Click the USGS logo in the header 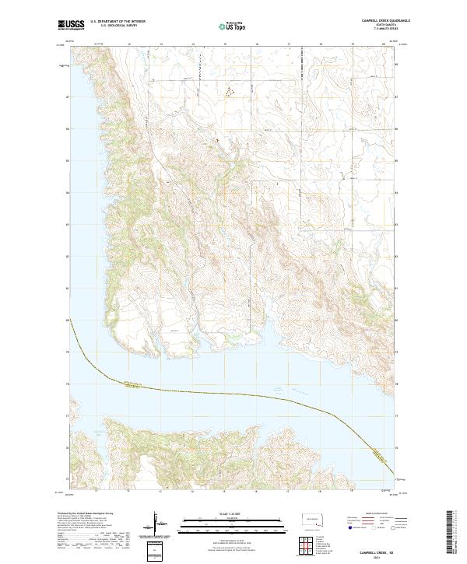(71, 25)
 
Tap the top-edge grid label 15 (225, 44)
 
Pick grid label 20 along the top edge (384, 44)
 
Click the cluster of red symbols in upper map (229, 92)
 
